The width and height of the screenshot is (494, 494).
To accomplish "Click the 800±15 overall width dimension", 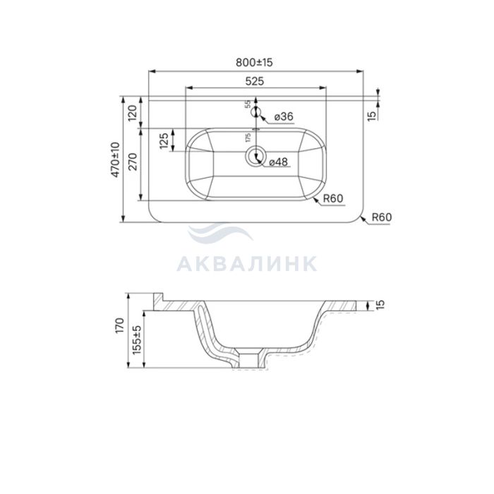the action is click(x=254, y=62).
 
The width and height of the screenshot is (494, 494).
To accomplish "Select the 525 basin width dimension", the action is click(x=255, y=81).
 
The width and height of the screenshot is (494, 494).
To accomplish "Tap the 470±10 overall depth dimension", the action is click(x=116, y=159).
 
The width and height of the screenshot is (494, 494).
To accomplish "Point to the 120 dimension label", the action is click(x=133, y=113).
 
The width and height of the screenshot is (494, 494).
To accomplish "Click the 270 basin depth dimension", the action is click(x=133, y=162).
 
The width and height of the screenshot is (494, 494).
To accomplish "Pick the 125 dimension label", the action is click(x=164, y=140).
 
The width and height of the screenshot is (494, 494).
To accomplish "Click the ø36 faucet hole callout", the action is click(x=284, y=116).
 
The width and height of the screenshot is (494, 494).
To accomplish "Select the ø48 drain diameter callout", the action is click(x=279, y=162).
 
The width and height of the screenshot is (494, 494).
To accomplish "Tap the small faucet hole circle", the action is click(x=255, y=112).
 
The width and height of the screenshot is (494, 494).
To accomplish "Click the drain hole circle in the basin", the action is click(x=255, y=156).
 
